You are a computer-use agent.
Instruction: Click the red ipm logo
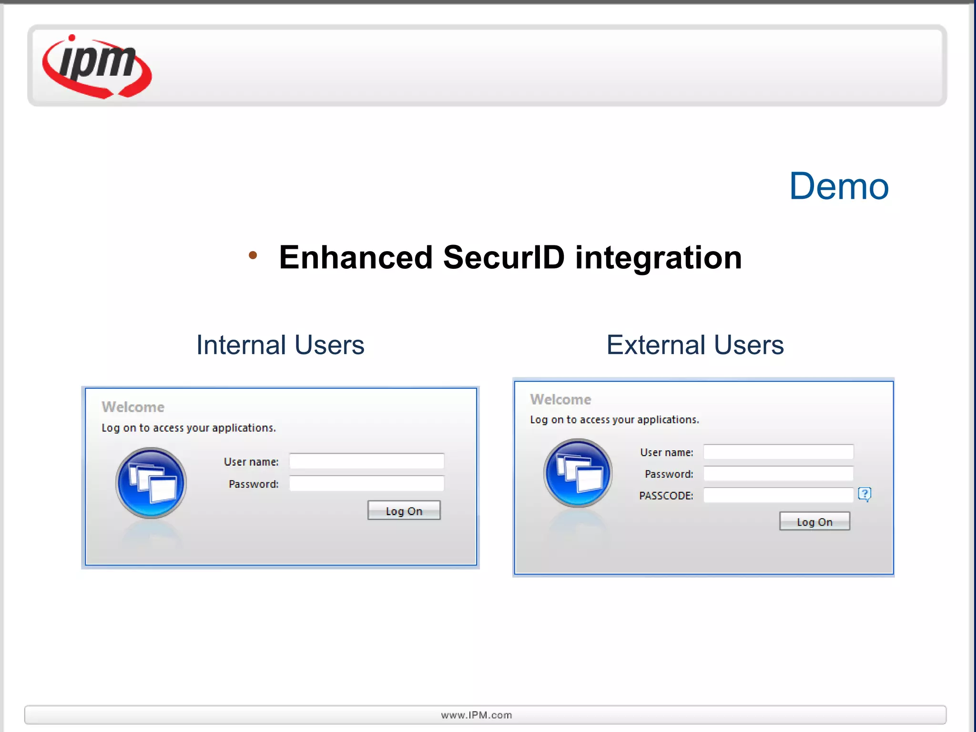pyautogui.click(x=97, y=66)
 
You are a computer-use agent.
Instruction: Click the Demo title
pyautogui.click(x=839, y=186)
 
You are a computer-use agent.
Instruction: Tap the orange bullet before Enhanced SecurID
pyautogui.click(x=253, y=255)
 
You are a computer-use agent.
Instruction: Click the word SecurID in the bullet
pyautogui.click(x=503, y=257)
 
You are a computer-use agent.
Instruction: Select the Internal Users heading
pyautogui.click(x=280, y=345)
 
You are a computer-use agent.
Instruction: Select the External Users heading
pyautogui.click(x=695, y=345)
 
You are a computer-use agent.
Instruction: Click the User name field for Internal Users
pyautogui.click(x=366, y=461)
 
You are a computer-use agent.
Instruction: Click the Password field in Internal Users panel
pyautogui.click(x=366, y=483)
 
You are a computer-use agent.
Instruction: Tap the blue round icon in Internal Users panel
pyautogui.click(x=151, y=483)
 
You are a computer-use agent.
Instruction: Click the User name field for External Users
pyautogui.click(x=778, y=452)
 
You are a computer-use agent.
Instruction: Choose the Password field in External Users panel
pyautogui.click(x=778, y=474)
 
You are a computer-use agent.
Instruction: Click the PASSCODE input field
pyautogui.click(x=778, y=495)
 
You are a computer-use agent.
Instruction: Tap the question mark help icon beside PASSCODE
pyautogui.click(x=864, y=494)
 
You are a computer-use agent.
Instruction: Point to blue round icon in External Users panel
pyautogui.click(x=578, y=473)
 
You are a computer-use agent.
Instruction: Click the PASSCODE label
pyautogui.click(x=666, y=496)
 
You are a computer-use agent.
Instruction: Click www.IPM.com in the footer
pyautogui.click(x=477, y=715)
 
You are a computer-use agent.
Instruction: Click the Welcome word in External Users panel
pyautogui.click(x=560, y=399)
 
